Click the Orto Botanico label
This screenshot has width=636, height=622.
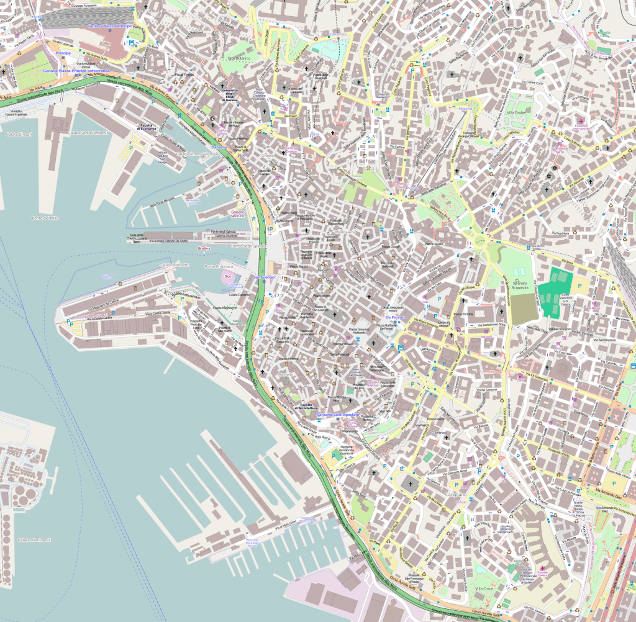tap(239, 58)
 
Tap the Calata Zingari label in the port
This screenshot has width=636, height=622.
tap(19, 134)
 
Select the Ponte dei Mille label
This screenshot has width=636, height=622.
tap(45, 218)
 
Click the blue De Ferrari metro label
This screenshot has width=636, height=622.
tap(395, 317)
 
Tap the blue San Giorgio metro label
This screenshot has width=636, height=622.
tap(263, 277)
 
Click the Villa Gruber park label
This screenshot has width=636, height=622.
tap(517, 112)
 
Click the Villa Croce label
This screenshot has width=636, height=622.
tap(484, 587)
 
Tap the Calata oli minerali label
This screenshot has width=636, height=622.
tap(34, 540)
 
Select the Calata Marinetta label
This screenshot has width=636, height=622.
tap(175, 264)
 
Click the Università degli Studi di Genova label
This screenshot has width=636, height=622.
tap(230, 96)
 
